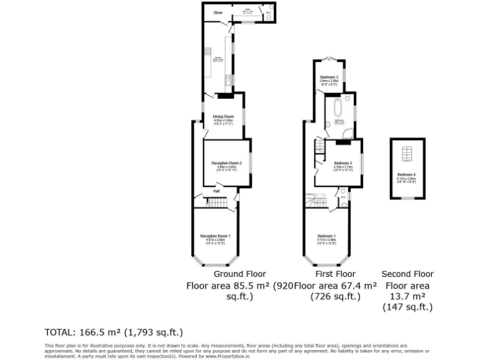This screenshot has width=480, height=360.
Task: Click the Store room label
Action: coord(217,12)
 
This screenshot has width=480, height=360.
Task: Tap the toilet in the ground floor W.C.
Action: coord(269,17)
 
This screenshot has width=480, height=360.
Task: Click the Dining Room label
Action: coord(223,116)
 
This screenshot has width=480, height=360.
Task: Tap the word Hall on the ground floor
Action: coord(216,191)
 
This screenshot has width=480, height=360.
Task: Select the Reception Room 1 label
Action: coord(216,236)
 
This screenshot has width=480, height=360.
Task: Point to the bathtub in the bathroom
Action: coord(337,107)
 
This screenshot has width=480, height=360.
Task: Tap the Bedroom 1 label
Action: coord(327,236)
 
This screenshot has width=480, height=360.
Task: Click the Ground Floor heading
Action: coord(239,274)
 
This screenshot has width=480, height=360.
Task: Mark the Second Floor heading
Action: coord(407,274)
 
